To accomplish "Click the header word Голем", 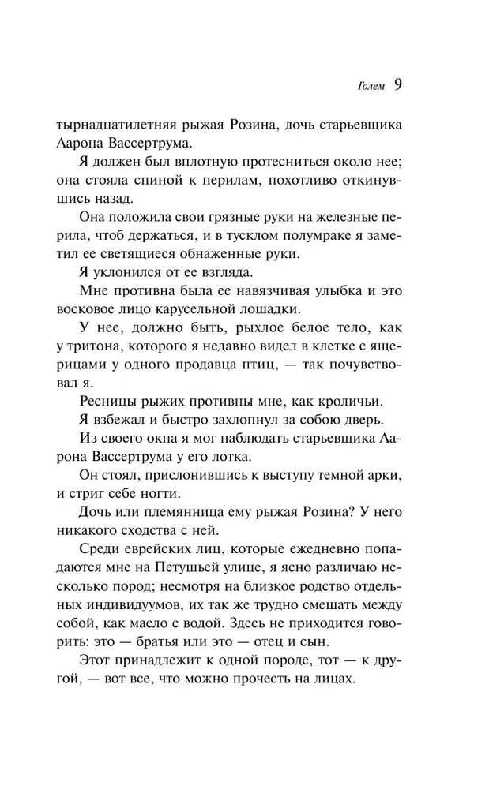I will point(369,87).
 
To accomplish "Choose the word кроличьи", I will point(346,400).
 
